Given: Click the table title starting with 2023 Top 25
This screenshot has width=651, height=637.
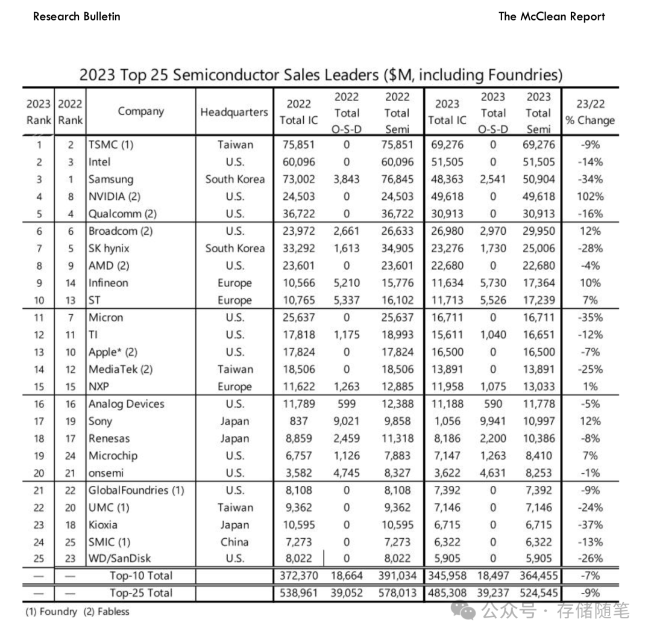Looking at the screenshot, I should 321,75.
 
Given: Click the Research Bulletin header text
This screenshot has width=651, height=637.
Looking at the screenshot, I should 77,16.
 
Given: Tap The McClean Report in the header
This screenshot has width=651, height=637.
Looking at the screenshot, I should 552,16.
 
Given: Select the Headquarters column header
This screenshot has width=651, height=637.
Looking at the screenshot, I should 234,112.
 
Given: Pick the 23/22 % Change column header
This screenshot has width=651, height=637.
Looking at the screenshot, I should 590,112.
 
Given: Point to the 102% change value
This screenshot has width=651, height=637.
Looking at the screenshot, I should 590,196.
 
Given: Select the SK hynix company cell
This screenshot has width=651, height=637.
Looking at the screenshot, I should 109,248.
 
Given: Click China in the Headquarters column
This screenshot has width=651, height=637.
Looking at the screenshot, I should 234,541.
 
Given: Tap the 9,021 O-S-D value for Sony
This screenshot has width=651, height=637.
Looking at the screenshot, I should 346,421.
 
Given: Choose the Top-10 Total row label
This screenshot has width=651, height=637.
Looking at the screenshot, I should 141,576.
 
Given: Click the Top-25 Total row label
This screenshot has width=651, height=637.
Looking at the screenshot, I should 141,592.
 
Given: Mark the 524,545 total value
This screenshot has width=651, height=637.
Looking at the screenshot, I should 538,592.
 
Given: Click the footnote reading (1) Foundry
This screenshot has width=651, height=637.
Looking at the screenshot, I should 51,612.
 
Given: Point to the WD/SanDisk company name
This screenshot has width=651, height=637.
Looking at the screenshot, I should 120,558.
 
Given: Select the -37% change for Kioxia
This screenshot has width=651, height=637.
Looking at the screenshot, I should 590,524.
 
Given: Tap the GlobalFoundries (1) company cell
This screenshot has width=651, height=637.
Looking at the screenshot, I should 136,490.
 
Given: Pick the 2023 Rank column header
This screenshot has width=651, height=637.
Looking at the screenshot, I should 38,112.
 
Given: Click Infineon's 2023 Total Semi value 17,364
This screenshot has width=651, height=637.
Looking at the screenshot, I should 538,282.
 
